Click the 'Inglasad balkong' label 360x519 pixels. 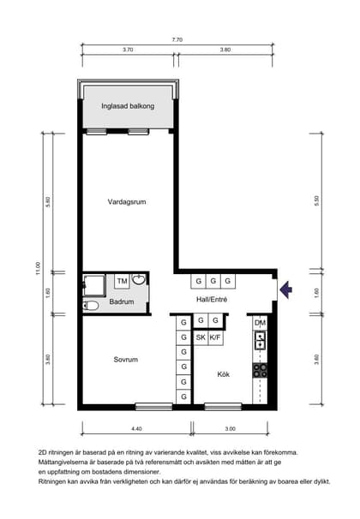tap(128, 106)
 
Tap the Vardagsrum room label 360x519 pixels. tap(127, 202)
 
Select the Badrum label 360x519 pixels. tap(122, 301)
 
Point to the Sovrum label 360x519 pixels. tap(126, 360)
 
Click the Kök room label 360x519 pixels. tap(223, 375)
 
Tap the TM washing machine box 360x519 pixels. tap(122, 281)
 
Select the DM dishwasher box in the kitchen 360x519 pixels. tap(261, 322)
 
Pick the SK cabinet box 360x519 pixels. tap(200, 337)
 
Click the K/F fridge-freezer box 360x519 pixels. tap(215, 337)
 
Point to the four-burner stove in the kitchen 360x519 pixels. tap(261, 370)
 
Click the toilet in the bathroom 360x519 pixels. tap(91, 304)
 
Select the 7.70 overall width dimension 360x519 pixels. tap(177, 39)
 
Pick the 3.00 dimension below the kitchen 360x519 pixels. tap(231, 427)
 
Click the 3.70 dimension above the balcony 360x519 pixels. tap(128, 51)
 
